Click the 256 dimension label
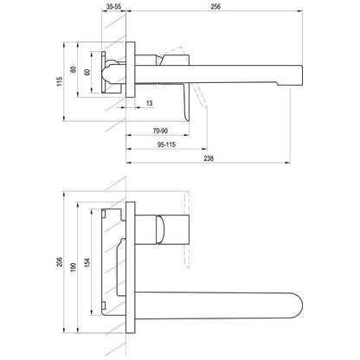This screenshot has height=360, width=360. [215, 6]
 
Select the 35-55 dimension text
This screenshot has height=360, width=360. [113, 6]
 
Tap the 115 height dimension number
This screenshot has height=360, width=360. [60, 81]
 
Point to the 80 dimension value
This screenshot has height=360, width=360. [74, 69]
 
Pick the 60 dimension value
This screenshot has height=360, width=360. [87, 72]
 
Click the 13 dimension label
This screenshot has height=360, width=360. [150, 103]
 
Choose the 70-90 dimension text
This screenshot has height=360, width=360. [160, 131]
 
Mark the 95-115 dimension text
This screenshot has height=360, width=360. [166, 145]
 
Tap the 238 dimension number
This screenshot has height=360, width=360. [209, 158]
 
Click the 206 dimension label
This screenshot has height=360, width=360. [60, 261]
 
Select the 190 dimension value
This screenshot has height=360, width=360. [74, 267]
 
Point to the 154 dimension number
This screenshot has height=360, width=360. [87, 262]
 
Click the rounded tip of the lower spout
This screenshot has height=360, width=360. [302, 305]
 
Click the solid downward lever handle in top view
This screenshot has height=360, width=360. [185, 101]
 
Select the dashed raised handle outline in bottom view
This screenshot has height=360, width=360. [187, 229]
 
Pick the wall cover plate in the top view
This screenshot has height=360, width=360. [131, 69]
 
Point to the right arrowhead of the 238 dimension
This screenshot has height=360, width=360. [288, 163]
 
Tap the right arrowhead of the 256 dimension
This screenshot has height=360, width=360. [300, 11]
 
